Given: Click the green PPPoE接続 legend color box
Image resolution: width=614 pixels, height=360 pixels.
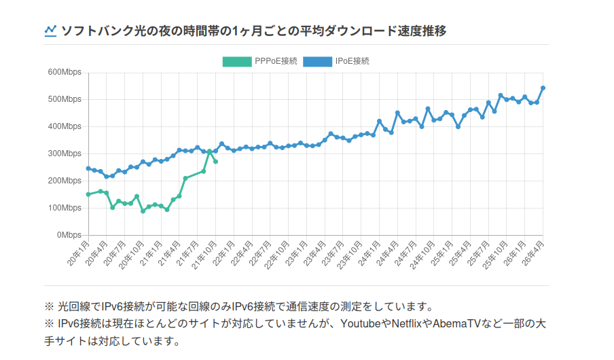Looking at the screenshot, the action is [237, 62].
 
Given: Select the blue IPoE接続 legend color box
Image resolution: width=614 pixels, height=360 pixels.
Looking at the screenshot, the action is [318, 62].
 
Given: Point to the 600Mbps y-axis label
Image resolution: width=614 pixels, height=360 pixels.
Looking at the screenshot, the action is [65, 72].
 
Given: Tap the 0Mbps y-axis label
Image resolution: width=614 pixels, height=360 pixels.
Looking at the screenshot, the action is [69, 235].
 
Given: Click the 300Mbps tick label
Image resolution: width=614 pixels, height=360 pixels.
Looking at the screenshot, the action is [65, 154].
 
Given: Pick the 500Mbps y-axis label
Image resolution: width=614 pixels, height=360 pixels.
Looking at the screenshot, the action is [65, 99].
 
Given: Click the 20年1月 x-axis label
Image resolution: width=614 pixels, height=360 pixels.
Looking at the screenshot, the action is [78, 253].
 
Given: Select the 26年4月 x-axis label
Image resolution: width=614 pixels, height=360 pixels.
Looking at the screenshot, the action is [533, 253].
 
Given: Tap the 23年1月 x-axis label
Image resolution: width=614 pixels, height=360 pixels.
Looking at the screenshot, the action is [296, 253].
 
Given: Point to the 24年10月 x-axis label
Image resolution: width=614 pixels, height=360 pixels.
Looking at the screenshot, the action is [422, 255].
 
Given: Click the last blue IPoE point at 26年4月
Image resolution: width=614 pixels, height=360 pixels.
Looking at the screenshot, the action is [543, 88].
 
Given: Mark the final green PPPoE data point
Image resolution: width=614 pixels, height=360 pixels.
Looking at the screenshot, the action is [215, 162].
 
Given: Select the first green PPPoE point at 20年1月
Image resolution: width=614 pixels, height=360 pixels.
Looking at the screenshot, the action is [88, 194].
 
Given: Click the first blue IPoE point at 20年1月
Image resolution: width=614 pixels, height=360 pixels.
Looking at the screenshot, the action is [88, 168].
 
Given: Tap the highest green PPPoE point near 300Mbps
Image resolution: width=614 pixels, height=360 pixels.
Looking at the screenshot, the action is [209, 151].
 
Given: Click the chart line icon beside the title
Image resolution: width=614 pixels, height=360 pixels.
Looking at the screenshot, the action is [50, 31].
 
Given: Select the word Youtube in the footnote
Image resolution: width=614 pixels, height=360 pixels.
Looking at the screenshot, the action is [360, 323].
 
